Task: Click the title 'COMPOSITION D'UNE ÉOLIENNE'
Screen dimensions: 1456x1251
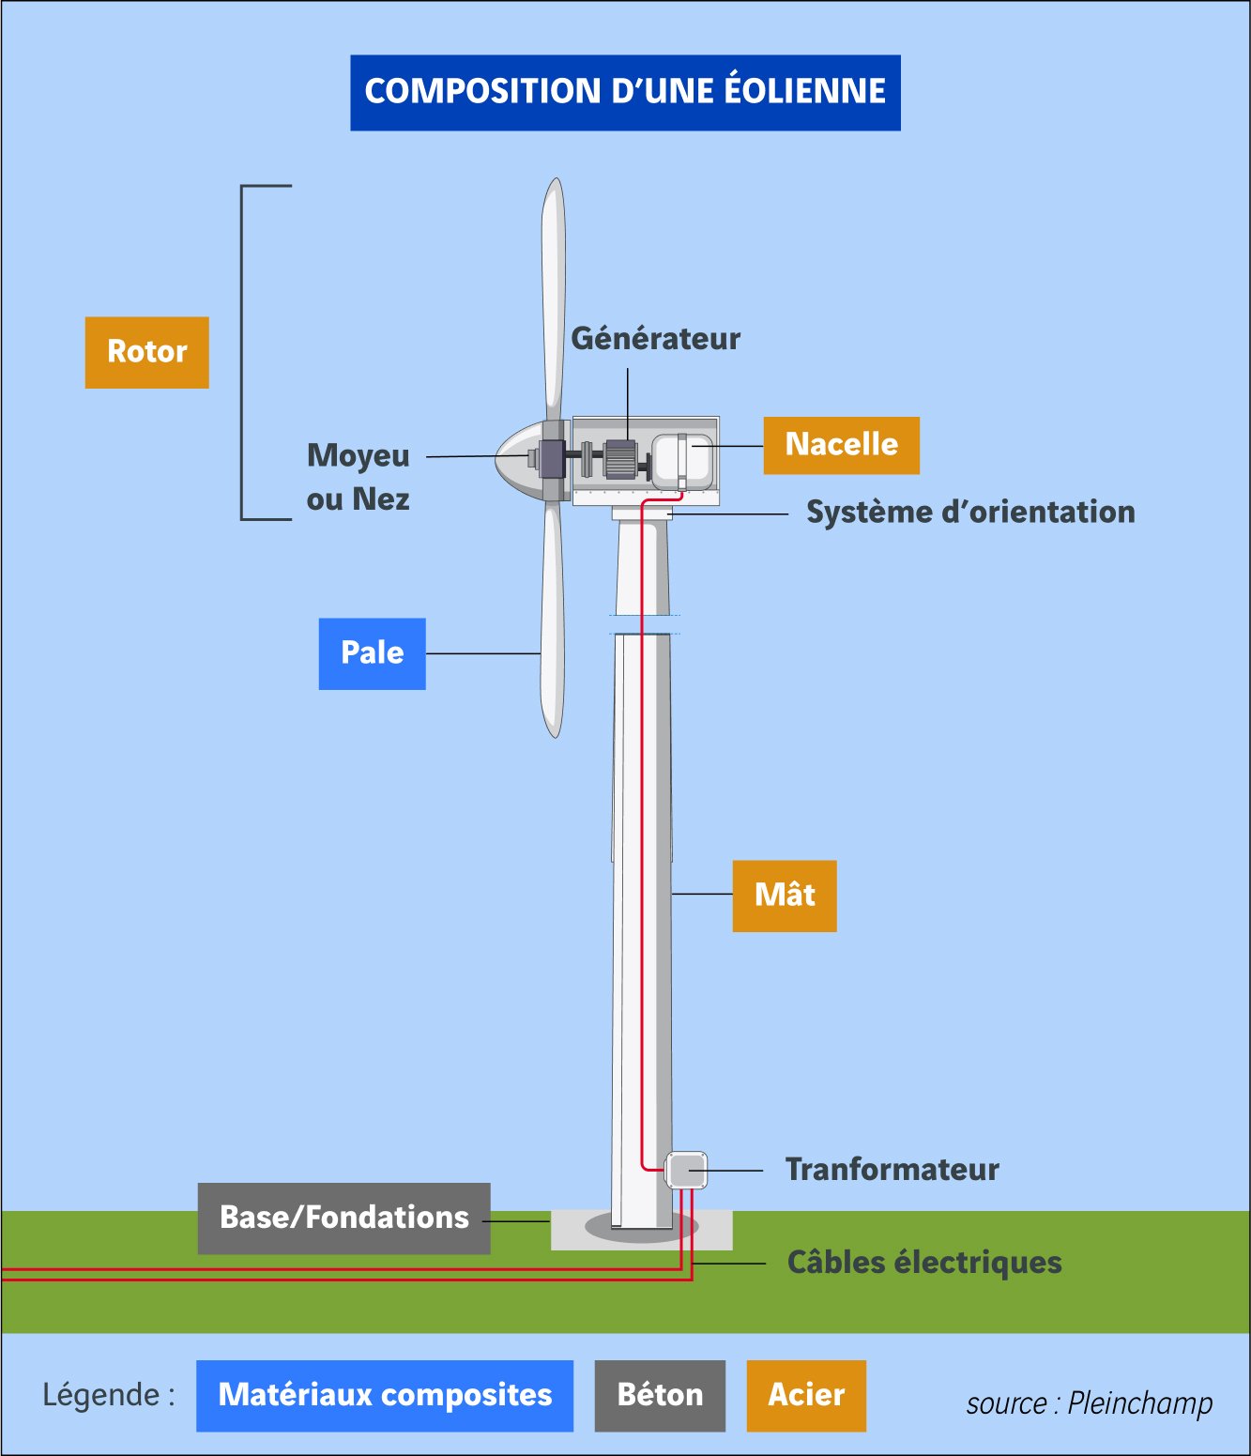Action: pyautogui.click(x=625, y=92)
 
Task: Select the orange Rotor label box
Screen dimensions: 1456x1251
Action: pyautogui.click(x=146, y=352)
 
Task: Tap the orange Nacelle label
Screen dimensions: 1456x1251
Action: pyautogui.click(x=841, y=445)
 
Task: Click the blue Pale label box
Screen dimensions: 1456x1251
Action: pyautogui.click(x=372, y=653)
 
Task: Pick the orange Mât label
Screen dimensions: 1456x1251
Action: pyautogui.click(x=784, y=896)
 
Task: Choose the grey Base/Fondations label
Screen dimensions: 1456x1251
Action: pyautogui.click(x=343, y=1218)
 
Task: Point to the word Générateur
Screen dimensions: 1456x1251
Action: pyautogui.click(x=655, y=339)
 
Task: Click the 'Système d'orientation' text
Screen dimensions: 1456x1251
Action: pyautogui.click(x=970, y=513)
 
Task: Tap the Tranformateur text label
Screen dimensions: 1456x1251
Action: pyautogui.click(x=892, y=1170)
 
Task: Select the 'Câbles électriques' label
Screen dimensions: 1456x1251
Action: pyautogui.click(x=923, y=1263)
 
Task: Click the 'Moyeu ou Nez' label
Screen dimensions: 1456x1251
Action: pyautogui.click(x=359, y=477)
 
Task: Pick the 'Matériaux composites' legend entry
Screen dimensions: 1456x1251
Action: pyautogui.click(x=385, y=1395)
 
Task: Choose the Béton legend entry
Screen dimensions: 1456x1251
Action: pyautogui.click(x=660, y=1395)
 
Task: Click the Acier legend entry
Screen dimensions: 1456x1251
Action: pyautogui.click(x=806, y=1395)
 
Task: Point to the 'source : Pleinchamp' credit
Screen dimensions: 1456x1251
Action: pyautogui.click(x=1089, y=1403)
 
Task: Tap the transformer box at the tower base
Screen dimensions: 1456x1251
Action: pyautogui.click(x=686, y=1171)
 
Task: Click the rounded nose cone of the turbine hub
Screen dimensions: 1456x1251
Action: pyautogui.click(x=513, y=459)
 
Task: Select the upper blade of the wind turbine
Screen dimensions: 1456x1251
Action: pyautogui.click(x=554, y=291)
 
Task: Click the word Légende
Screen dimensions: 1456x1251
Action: pyautogui.click(x=101, y=1395)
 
